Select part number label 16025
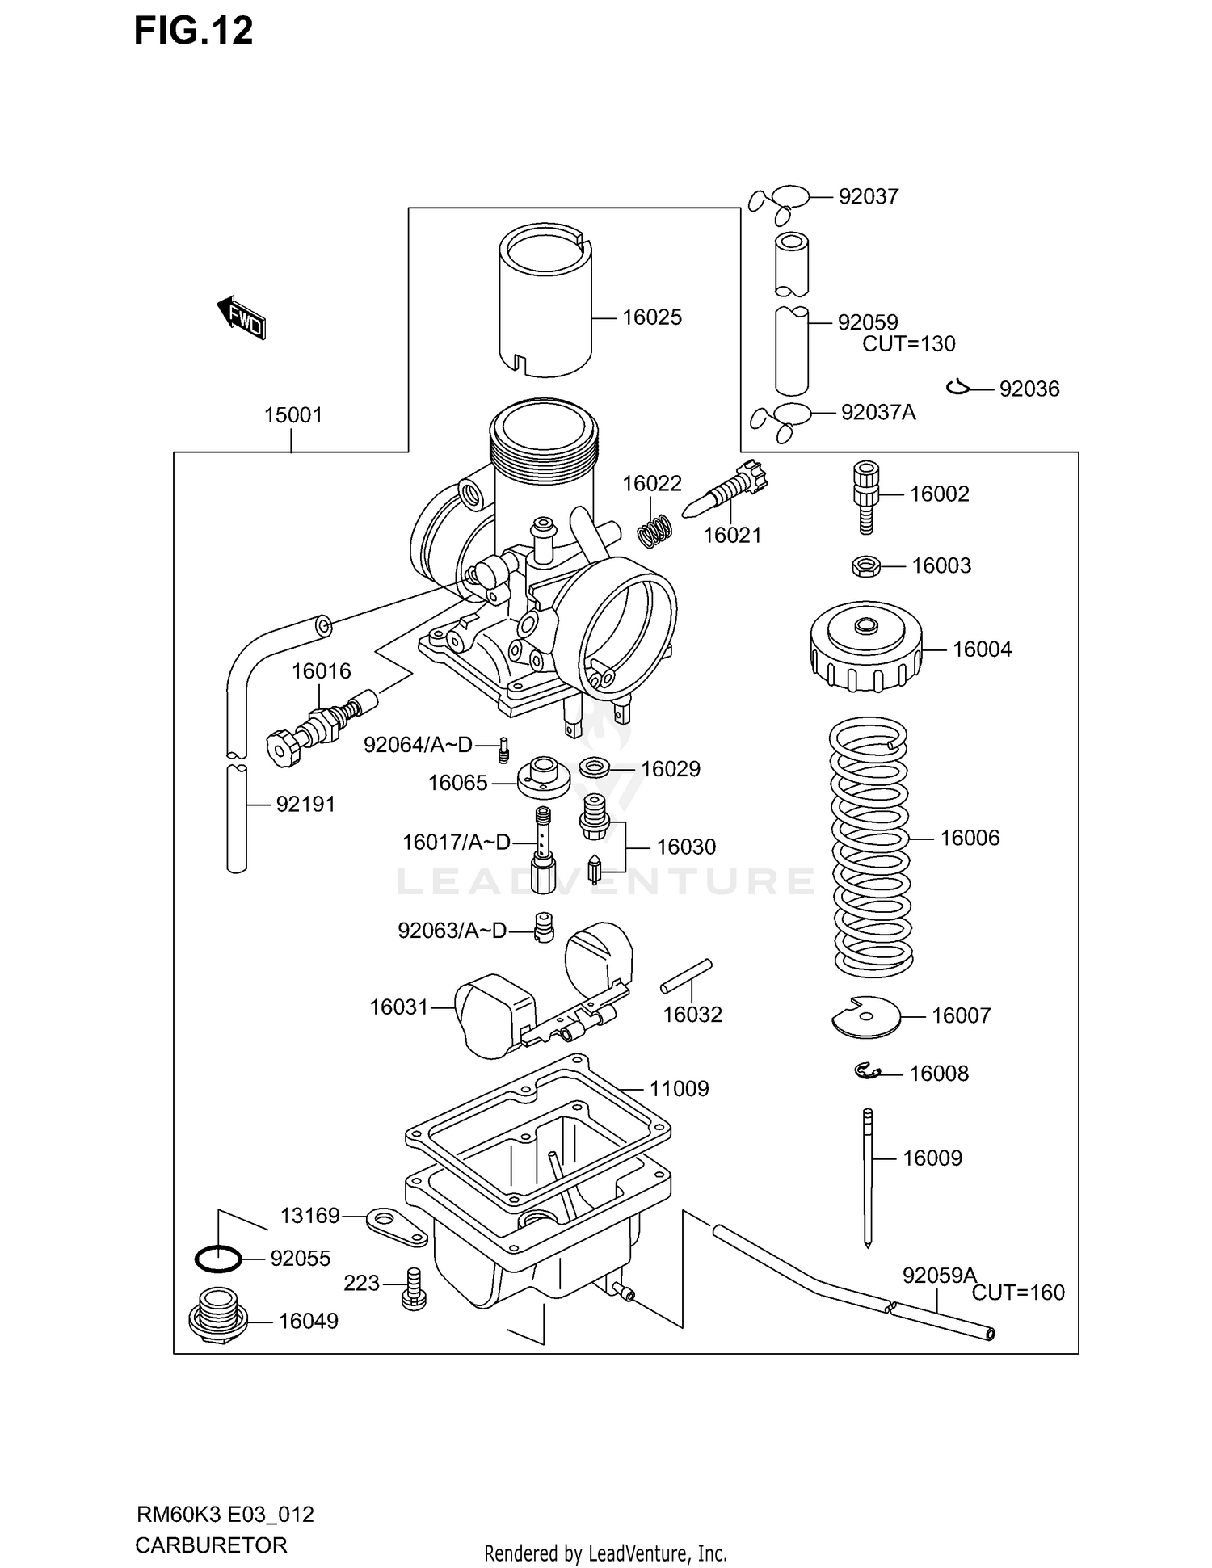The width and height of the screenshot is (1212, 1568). tap(651, 317)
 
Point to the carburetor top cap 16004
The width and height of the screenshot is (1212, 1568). tap(866, 648)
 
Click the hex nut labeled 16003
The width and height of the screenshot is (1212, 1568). tap(865, 566)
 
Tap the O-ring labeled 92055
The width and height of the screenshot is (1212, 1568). tap(218, 1258)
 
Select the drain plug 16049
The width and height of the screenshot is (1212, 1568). tap(214, 1319)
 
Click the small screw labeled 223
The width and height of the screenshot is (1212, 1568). tap(413, 1288)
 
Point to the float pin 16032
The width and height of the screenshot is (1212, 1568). tap(686, 976)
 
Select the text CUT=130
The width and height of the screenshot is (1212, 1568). tap(908, 344)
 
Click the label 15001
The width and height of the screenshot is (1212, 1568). tap(293, 415)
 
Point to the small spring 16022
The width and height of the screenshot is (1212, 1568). tap(654, 530)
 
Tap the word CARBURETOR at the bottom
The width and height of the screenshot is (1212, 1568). tap(211, 1545)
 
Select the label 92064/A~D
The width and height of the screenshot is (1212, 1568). tap(417, 745)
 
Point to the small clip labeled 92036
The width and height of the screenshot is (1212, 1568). tap(958, 389)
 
